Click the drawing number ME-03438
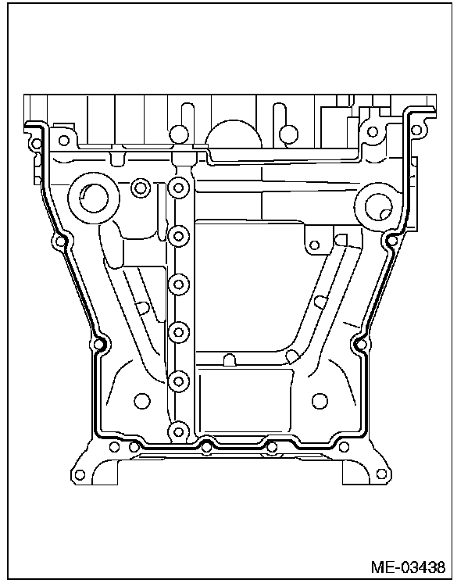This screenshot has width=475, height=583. pos(408,567)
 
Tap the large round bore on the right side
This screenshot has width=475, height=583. pos(379,206)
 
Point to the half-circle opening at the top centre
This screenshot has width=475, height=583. pos(234,134)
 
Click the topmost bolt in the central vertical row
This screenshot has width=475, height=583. pos(179,188)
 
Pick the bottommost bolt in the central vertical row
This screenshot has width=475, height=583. pos(179,432)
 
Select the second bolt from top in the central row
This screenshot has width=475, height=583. pos(179,236)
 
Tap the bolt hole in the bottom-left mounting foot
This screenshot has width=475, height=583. pos(80,475)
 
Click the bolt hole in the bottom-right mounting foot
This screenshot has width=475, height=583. pos(382,474)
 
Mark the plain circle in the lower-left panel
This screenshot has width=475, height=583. pos(142,401)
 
